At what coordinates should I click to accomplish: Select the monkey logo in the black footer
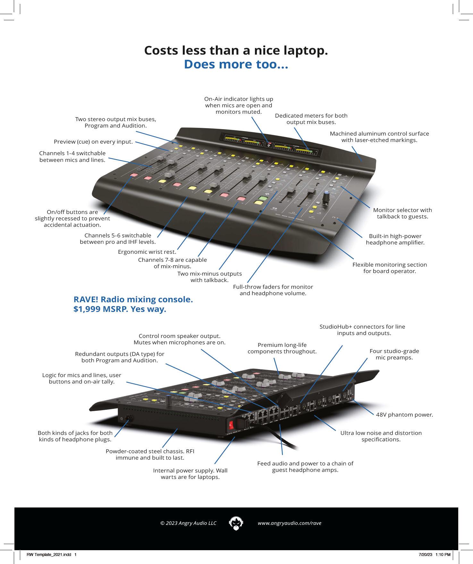coord(236,523)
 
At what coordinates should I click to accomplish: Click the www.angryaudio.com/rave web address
coord(289,523)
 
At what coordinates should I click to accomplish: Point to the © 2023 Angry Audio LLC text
coord(188,523)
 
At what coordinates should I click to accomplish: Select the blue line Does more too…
coord(236,64)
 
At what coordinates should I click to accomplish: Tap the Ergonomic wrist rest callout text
coord(147,252)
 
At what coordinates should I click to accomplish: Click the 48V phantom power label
coord(404,415)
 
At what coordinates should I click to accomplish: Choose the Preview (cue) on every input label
coord(93,142)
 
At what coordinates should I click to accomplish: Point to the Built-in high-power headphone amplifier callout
coord(395,239)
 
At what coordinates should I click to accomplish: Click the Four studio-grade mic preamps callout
coord(394,354)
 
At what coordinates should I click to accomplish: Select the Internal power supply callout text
coord(190,474)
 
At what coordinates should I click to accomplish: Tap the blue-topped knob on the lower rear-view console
coord(168,400)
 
